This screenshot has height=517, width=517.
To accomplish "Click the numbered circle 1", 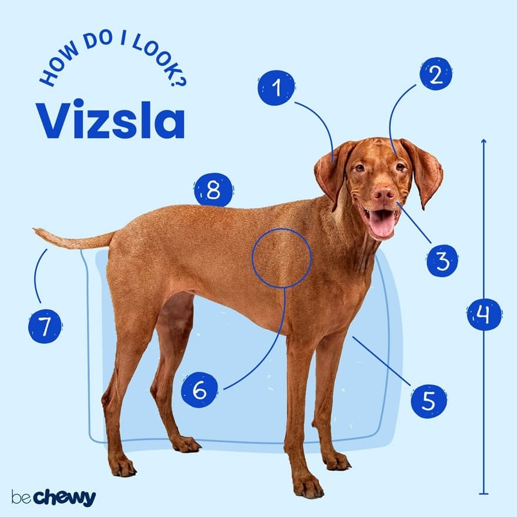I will (276, 88).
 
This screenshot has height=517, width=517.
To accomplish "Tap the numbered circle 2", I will (435, 74).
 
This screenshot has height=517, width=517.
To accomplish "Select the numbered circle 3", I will (442, 260).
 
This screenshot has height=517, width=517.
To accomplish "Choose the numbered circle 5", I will (428, 401).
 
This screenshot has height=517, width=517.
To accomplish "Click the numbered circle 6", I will (199, 390).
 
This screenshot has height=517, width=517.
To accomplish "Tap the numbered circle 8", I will (213, 190).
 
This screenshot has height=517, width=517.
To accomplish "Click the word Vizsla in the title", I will (110, 121).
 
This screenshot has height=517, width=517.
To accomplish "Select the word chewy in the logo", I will (63, 498).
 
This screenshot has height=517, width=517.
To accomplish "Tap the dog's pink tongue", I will (382, 224).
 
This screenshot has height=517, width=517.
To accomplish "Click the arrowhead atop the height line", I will (484, 141).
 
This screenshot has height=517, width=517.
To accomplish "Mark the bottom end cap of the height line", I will (484, 493).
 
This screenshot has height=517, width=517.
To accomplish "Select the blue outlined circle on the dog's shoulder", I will (281, 258).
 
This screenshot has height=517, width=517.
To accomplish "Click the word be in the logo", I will (20, 498).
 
